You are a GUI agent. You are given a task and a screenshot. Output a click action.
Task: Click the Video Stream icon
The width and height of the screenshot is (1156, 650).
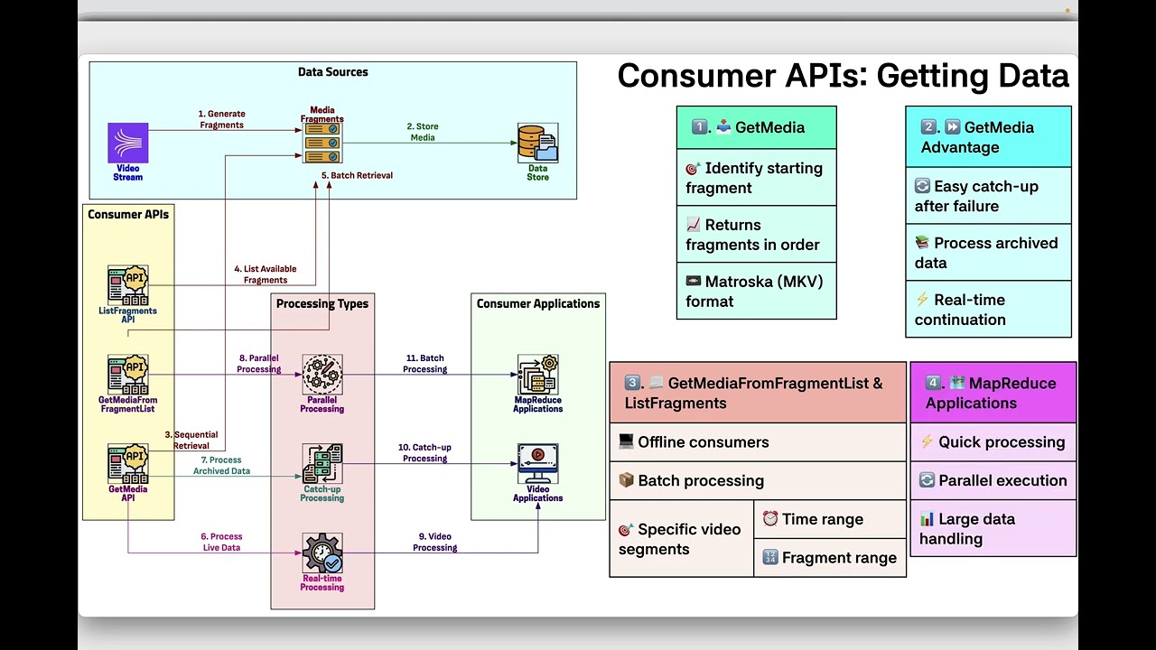coord(127,144)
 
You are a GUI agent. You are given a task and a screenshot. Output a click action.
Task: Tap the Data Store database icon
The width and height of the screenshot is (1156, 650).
coord(537,143)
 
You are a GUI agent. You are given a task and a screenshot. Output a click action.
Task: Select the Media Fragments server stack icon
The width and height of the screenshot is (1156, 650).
coord(322,143)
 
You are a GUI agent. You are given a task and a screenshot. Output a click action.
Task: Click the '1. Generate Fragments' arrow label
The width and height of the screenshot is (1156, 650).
coord(221,119)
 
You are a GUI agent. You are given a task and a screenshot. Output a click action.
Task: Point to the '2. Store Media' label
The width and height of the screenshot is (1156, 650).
coord(422,132)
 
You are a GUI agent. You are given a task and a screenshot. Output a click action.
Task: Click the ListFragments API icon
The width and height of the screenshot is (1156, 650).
coord(127,284)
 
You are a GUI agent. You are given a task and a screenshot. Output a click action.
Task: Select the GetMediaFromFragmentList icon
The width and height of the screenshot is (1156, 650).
coord(127,374)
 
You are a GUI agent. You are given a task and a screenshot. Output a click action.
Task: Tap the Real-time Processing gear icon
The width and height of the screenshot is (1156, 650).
coord(322,552)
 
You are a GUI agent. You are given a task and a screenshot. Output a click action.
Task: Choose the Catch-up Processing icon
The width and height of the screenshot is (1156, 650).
coord(322,463)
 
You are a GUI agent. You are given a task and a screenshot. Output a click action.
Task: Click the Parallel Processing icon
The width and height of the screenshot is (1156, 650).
coord(322,374)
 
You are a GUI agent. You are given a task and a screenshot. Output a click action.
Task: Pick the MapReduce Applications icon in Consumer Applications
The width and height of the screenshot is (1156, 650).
coord(537,374)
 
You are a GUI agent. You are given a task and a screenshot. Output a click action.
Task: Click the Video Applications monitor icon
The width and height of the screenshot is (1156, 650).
coord(537,463)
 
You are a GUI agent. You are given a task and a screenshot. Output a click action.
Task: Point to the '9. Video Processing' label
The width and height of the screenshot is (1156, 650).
coord(434,542)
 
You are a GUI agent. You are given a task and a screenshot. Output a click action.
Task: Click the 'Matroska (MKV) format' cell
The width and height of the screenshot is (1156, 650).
coord(756,292)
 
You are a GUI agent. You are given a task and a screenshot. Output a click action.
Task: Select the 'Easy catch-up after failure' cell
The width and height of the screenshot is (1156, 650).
coord(988,196)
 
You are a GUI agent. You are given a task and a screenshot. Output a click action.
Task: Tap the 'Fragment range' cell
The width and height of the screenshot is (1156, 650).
coord(829,558)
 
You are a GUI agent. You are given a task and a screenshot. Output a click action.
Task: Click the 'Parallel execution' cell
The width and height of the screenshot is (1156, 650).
coord(993,480)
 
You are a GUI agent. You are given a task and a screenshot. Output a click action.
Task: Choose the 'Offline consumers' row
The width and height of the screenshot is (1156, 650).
coord(757,442)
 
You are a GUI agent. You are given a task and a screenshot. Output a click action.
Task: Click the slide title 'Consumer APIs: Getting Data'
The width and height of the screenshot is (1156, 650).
coord(843,76)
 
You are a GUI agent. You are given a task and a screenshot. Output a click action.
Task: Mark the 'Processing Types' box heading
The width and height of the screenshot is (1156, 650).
coord(322,303)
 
